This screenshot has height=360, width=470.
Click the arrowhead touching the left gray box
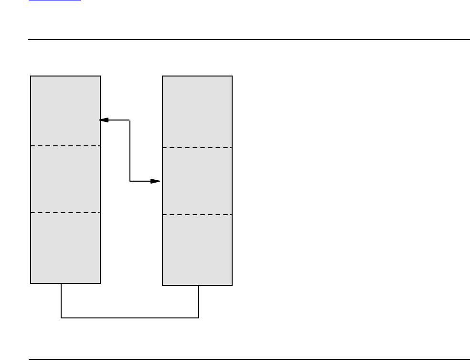(x=104, y=120)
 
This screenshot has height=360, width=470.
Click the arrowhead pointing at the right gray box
(x=155, y=181)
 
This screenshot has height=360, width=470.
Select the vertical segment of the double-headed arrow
(x=130, y=151)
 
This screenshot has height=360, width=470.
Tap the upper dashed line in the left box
(x=65, y=145)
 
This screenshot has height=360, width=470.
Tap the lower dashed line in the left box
(x=65, y=213)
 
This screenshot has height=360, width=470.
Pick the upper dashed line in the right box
(x=197, y=148)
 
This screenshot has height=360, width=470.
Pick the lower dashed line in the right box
(x=197, y=215)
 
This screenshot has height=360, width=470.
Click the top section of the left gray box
(x=65, y=110)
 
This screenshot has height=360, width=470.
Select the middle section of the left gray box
(x=65, y=179)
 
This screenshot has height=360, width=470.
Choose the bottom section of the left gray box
(x=65, y=248)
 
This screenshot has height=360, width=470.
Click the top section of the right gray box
(x=197, y=112)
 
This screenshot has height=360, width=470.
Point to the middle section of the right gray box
(x=197, y=181)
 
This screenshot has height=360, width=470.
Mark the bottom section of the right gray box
(x=197, y=250)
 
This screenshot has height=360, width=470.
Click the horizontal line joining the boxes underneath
(x=130, y=317)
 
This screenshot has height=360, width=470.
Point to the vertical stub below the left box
(x=61, y=300)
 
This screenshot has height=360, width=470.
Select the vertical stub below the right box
(x=199, y=301)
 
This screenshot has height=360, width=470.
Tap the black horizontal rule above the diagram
(x=249, y=40)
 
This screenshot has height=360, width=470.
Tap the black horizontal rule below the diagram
(x=249, y=359)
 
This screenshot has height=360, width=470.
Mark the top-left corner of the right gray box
(x=163, y=76)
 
